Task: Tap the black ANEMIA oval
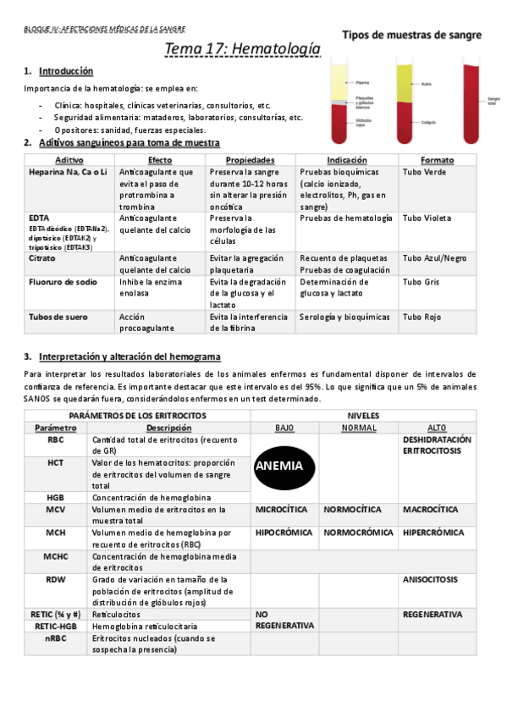[284, 465]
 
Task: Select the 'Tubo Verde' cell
[423, 172]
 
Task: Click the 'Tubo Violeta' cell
[427, 218]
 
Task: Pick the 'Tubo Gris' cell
[422, 282]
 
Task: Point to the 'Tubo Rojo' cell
[422, 317]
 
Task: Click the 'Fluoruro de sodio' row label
[63, 282]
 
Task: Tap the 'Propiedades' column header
[251, 160]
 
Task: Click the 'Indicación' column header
[347, 160]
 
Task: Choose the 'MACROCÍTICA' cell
[430, 510]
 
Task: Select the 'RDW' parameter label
[56, 579]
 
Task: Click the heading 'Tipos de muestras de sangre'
[412, 36]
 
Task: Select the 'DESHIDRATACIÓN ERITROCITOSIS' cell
[437, 445]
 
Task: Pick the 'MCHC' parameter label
[56, 556]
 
